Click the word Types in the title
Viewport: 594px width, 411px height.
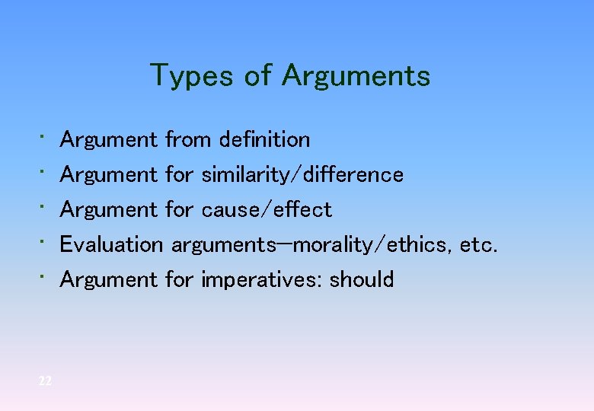point(190,76)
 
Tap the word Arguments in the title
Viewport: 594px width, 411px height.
point(356,76)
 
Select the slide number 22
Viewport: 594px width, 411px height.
point(45,381)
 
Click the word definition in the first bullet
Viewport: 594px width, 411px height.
point(264,140)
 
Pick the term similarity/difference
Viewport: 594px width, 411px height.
point(302,175)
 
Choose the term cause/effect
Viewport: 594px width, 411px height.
point(267,210)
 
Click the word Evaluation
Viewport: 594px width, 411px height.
point(111,245)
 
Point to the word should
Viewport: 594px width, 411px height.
point(362,280)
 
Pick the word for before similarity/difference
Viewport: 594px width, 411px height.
point(180,175)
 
